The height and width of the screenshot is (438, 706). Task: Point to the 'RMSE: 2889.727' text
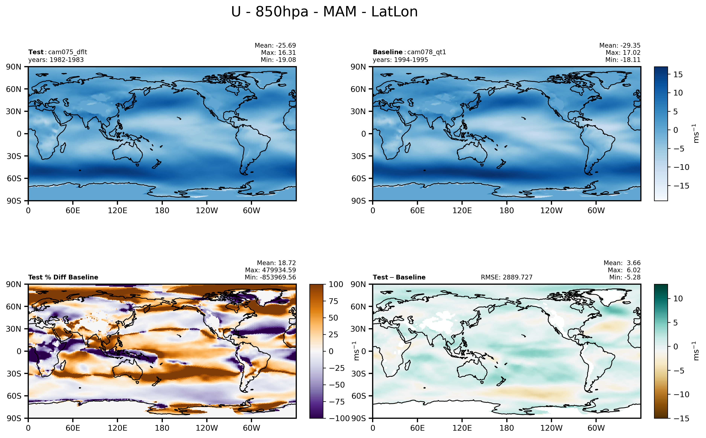click(x=506, y=277)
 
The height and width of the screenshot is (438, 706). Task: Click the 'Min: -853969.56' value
click(x=270, y=277)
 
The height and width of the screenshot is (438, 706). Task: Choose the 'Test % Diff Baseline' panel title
click(x=63, y=277)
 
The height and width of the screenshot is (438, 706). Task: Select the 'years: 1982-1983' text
click(x=56, y=60)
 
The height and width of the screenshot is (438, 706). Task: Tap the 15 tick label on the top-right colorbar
click(x=678, y=74)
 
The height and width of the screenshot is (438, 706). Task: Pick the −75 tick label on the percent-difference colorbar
click(x=337, y=402)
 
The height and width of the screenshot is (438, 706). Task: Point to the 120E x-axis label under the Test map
click(x=117, y=211)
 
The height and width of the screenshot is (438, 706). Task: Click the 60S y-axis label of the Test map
click(x=14, y=179)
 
